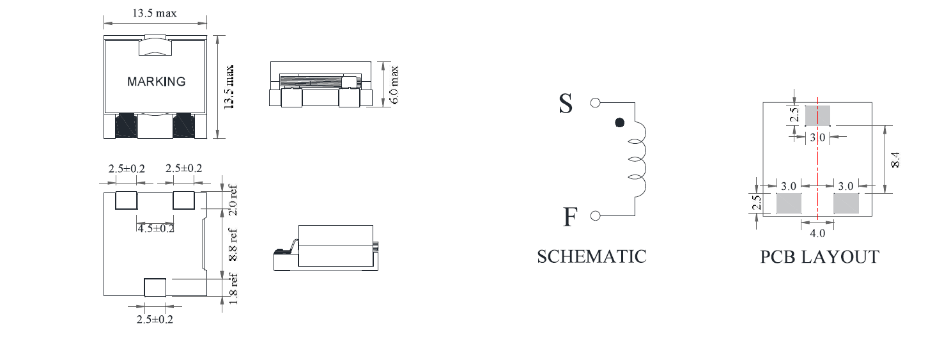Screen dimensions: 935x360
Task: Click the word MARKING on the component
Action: pos(156,81)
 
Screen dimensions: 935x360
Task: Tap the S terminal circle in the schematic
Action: pos(595,102)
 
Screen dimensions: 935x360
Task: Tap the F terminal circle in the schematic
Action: pos(596,215)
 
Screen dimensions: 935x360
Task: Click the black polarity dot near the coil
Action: pos(619,122)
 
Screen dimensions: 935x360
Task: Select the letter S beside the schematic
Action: pos(566,104)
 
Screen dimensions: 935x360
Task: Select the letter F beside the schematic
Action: pos(570,216)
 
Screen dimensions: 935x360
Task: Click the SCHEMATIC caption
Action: pos(591,256)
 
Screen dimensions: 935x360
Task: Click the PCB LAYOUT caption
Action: pos(819,257)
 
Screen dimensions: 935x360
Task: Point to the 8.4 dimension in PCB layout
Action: pos(895,159)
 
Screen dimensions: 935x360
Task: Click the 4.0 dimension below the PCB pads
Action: pos(817,233)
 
